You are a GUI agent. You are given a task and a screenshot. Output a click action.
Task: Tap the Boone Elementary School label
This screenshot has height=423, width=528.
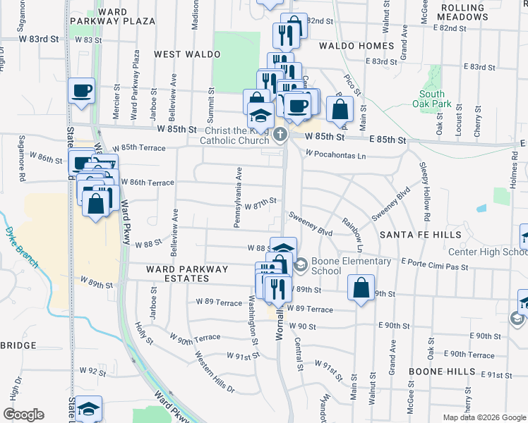351,266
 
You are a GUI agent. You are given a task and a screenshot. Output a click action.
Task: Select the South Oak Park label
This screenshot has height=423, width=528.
432,99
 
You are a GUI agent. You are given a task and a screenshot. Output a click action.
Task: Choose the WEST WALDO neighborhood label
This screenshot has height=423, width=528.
184,54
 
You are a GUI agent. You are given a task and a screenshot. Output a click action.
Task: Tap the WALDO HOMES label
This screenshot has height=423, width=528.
356,46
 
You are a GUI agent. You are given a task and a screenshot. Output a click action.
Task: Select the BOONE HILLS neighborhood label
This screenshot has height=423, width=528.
440,371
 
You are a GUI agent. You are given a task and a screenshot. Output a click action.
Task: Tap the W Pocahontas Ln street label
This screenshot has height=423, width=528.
336,155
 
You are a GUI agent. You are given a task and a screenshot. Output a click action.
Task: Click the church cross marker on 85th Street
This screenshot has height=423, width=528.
280,135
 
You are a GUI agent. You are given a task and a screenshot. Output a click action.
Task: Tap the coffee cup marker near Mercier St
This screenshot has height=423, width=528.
81,91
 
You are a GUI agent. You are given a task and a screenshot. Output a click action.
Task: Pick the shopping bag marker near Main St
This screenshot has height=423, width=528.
340,109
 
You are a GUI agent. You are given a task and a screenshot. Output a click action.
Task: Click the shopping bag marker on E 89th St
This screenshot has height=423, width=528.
361,288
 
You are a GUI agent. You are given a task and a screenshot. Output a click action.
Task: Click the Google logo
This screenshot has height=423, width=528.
23,415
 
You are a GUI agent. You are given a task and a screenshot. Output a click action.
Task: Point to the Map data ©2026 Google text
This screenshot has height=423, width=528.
484,417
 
